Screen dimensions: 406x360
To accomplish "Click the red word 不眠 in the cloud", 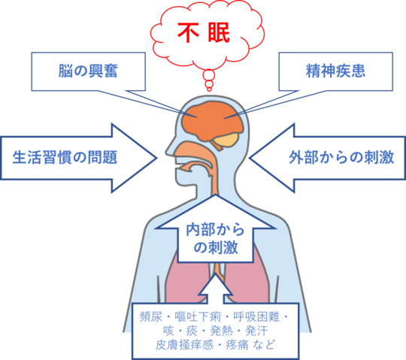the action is (x=204, y=32).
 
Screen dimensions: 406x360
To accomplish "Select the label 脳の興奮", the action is (x=88, y=71).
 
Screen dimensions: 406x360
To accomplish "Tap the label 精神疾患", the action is (x=335, y=71).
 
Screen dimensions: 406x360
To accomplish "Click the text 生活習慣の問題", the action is (x=65, y=157).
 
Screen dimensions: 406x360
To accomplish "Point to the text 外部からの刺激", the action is (x=341, y=157).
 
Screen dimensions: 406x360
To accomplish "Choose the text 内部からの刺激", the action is (x=216, y=238).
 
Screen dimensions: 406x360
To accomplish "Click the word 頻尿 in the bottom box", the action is (x=151, y=316).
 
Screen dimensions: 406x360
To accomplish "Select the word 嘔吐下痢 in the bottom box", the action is (x=198, y=316).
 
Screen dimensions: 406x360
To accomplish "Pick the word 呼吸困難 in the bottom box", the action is (x=256, y=316).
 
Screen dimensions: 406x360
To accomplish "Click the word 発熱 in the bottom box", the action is (x=221, y=331).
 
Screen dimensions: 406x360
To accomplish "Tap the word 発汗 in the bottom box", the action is (x=256, y=331).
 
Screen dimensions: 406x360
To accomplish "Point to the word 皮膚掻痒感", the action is (x=184, y=345).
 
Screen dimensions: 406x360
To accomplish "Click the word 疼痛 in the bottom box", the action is (x=237, y=345).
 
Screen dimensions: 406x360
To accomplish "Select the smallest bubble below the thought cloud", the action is (x=209, y=89).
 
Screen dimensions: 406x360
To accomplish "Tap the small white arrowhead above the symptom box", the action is (x=216, y=287).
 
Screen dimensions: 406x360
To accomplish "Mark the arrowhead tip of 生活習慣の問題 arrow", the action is (x=157, y=158).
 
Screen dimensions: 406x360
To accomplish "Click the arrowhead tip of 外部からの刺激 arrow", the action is (x=249, y=158).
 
